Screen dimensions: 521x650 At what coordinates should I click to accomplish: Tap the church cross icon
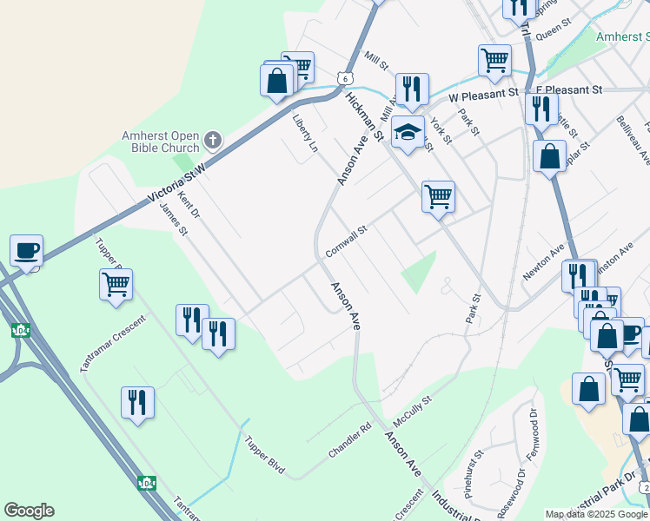[x=213, y=140]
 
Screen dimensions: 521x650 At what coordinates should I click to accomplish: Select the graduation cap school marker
[x=408, y=133]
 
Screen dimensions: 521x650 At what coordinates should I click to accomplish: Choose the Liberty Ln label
[x=305, y=134]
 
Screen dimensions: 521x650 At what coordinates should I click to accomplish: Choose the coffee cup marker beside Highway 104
[x=26, y=250]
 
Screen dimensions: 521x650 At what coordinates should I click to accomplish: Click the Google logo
[x=29, y=511]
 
